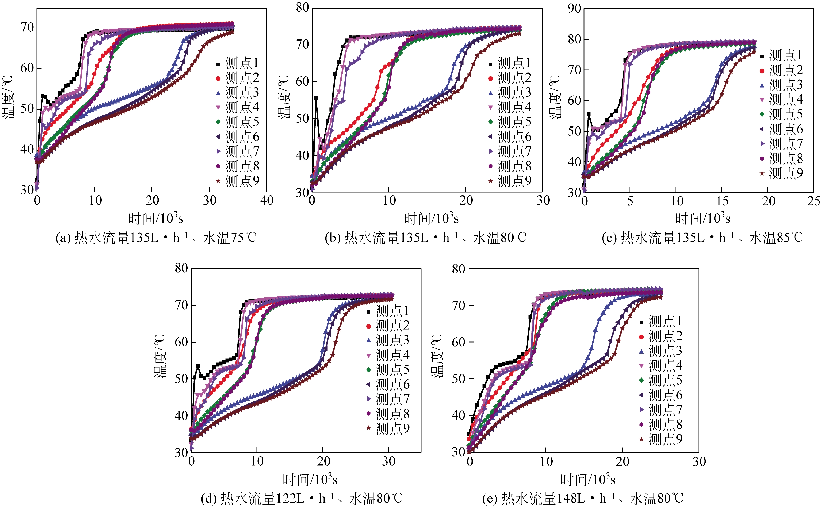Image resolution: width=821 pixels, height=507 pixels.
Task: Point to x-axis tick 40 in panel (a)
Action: click(267, 201)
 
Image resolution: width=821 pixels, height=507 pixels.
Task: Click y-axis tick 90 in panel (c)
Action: click(574, 9)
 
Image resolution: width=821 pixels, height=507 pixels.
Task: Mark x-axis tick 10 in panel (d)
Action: click(257, 461)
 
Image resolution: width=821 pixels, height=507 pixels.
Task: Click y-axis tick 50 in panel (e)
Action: click(459, 379)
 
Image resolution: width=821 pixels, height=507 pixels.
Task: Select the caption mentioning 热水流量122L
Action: click(301, 499)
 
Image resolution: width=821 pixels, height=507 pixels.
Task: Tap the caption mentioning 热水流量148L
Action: click(582, 499)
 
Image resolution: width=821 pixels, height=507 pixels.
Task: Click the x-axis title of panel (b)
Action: click(431, 219)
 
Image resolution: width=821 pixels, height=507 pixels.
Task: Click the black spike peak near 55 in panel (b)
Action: click(316, 98)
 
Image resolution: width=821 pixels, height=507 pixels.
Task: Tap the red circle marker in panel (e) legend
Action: click(641, 337)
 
